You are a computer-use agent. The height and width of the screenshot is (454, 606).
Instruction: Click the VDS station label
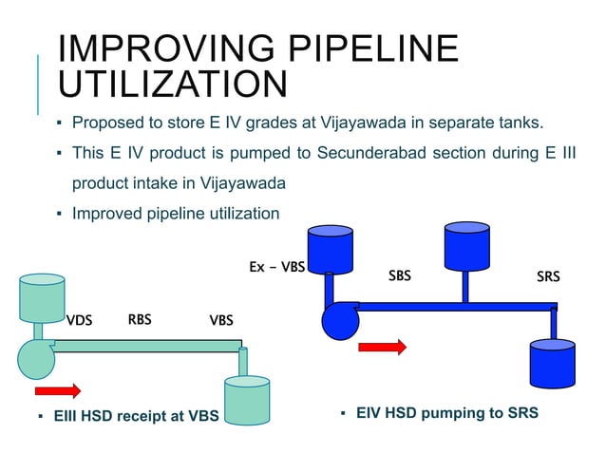tap(79, 320)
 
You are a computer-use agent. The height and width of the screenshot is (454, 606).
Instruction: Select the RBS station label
tap(140, 319)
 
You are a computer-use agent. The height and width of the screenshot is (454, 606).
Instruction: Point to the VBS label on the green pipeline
tap(221, 320)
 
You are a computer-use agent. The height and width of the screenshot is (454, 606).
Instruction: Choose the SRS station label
tap(548, 277)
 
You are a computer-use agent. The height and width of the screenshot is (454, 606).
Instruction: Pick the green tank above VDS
tap(41, 298)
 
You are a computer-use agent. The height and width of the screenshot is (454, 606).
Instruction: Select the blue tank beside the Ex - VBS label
tap(331, 248)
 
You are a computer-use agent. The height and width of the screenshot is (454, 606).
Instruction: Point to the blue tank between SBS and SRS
tap(466, 245)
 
